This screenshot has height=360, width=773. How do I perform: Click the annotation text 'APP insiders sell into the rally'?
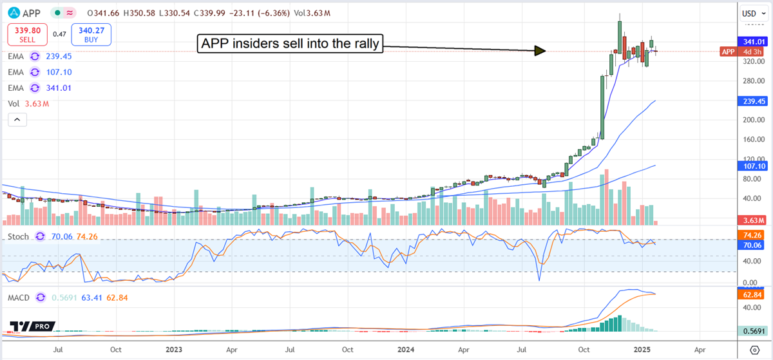[x=289, y=44]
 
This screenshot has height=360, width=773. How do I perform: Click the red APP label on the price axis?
[x=728, y=52]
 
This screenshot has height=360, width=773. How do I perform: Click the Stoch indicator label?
[x=19, y=236]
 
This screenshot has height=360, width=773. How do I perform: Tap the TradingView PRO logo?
[x=32, y=327]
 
